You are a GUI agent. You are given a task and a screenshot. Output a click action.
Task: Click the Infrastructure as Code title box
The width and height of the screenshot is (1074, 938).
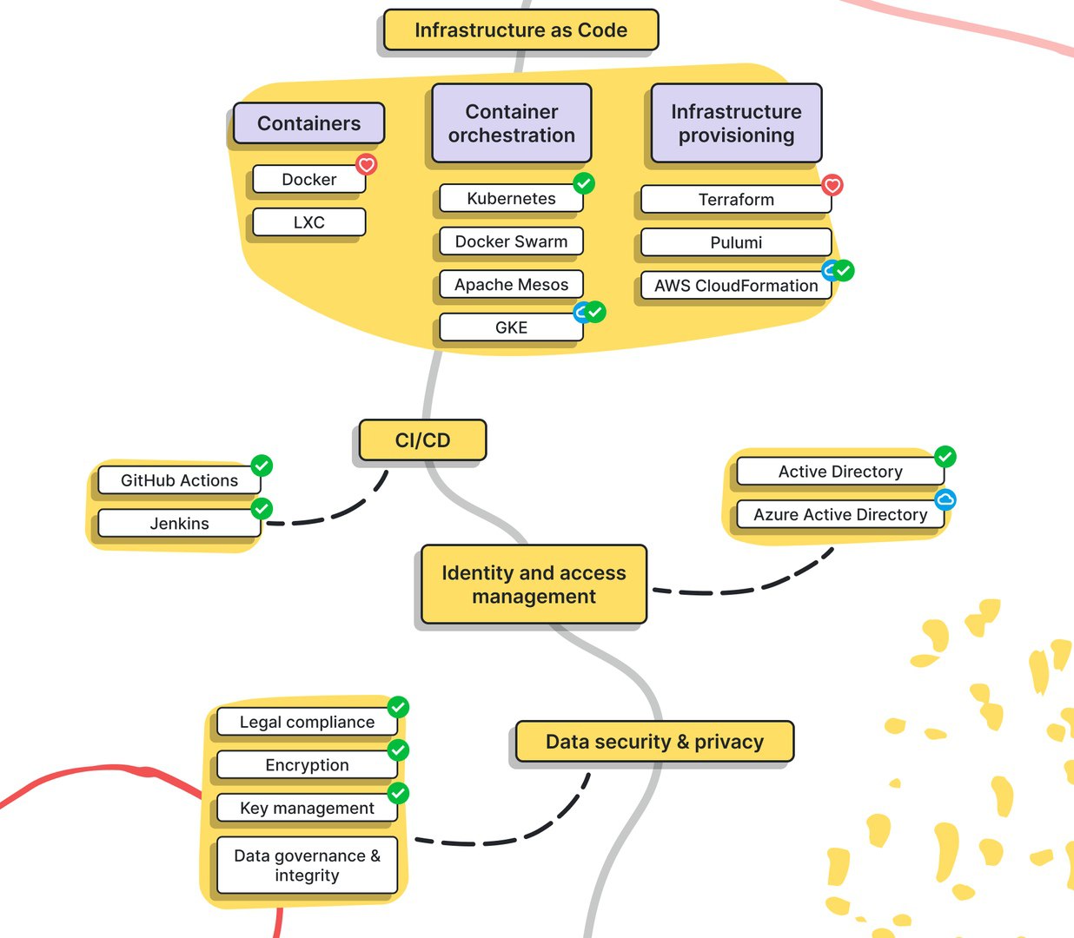[520, 30]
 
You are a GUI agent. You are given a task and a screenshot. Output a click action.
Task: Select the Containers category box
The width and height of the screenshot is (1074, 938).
[308, 123]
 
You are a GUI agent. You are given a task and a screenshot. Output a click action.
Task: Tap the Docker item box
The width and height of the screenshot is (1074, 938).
[309, 180]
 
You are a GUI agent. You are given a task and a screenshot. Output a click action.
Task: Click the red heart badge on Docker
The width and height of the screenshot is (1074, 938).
[367, 165]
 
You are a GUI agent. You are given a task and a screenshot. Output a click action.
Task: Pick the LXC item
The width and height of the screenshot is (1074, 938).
[309, 222]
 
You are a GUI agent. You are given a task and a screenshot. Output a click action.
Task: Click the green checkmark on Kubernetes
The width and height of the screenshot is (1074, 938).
[584, 183]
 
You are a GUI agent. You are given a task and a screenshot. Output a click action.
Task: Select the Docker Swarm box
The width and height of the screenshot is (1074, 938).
[511, 241]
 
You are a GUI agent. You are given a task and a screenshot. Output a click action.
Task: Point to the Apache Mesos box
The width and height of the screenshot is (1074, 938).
[511, 284]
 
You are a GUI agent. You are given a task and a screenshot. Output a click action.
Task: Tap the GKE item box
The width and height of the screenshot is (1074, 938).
[511, 327]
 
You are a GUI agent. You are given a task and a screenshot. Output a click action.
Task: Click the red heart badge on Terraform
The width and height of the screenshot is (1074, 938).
[832, 185]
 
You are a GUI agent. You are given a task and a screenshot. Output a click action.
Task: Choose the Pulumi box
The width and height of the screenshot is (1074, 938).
[736, 242]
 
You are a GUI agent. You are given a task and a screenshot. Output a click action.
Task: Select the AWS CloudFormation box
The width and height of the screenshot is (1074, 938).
[736, 286]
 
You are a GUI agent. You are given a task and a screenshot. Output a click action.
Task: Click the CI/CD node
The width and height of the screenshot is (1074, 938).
[422, 440]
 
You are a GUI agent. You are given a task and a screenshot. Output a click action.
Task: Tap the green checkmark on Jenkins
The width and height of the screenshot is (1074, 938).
[262, 508]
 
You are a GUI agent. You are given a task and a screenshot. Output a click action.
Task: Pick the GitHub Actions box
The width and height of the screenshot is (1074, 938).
[180, 480]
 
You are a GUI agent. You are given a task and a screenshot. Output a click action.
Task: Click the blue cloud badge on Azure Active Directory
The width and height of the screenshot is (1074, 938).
[945, 499]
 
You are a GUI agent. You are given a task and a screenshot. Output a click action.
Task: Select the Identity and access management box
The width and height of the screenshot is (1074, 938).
[534, 585]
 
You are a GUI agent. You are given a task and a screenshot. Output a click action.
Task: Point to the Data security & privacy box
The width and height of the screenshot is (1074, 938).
[654, 741]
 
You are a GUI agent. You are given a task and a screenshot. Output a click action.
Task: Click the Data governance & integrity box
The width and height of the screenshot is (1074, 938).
[307, 865]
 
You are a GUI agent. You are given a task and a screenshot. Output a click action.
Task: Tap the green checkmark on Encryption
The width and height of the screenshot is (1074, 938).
[399, 750]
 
